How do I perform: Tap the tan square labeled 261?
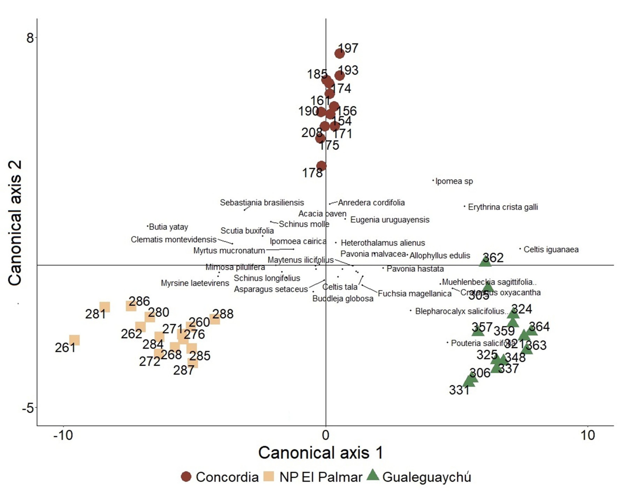point(74,340)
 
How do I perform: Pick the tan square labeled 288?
point(215,319)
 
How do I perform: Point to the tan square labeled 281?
point(105,307)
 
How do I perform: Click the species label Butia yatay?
point(168,227)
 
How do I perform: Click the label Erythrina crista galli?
point(503,207)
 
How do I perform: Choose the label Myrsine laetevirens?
point(195,283)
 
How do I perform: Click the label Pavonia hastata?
point(415,269)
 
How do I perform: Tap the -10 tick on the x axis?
point(63,435)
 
